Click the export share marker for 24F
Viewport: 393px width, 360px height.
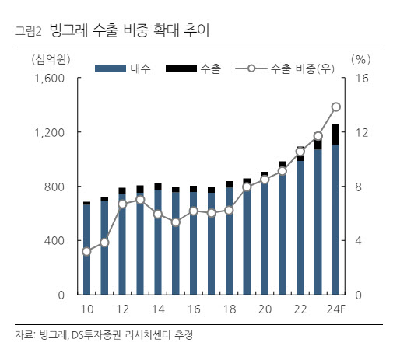(x=336, y=107)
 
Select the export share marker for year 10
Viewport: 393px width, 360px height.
(x=86, y=251)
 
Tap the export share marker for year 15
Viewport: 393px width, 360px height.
(x=176, y=222)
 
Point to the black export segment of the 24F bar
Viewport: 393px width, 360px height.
(x=336, y=135)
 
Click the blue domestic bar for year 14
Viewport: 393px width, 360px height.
(x=158, y=243)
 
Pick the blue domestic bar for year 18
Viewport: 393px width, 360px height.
(x=229, y=241)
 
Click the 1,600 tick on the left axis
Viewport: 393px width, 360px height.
(x=50, y=78)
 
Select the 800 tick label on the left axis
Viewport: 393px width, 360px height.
(x=54, y=187)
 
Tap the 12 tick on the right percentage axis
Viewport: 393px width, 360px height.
(x=361, y=132)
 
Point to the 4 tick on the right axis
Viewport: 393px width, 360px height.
(x=358, y=241)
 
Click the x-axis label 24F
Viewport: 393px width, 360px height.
(x=336, y=309)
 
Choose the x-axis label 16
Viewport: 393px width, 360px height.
(x=194, y=309)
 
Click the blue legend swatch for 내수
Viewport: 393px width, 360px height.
(x=111, y=68)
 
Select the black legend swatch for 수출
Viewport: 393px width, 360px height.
(x=181, y=68)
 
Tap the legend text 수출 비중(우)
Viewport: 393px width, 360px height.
(x=303, y=68)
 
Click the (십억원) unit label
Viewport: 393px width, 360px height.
(x=51, y=59)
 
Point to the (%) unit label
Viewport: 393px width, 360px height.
(x=361, y=59)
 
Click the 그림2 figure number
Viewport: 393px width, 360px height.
(x=28, y=31)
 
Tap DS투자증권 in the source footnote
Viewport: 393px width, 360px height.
(x=96, y=335)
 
